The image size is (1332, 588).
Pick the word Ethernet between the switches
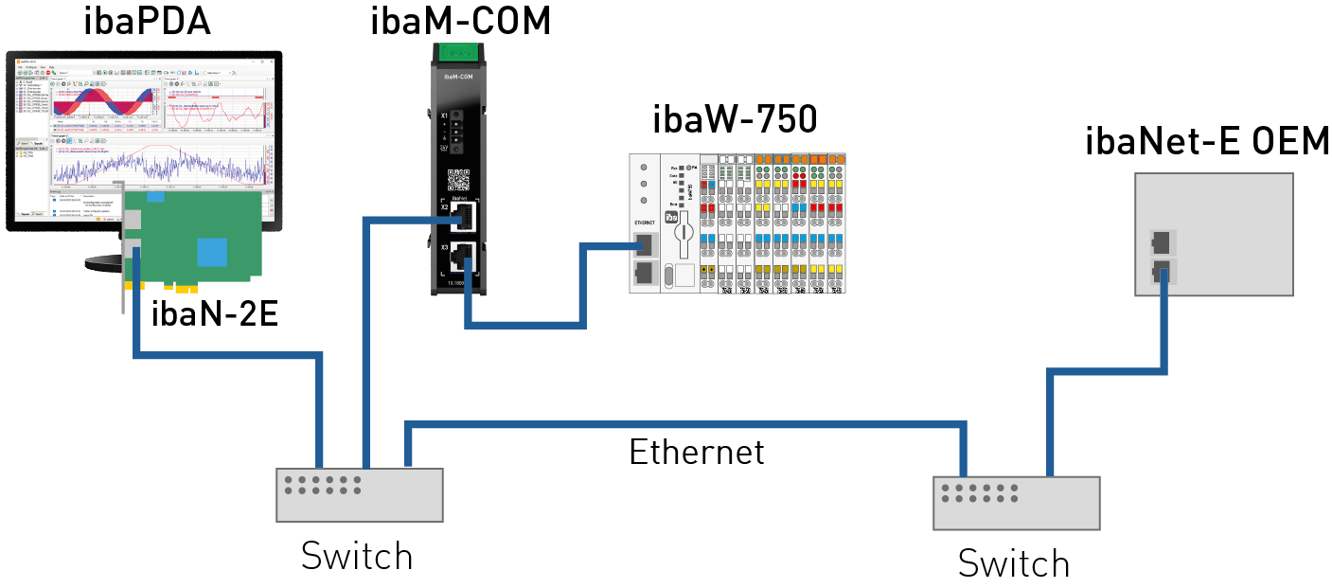(x=696, y=452)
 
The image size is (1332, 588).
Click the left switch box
(x=360, y=493)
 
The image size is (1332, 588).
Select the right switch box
(x=1017, y=503)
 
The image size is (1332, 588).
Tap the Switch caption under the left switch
(x=357, y=556)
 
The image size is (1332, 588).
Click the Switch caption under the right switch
(x=1013, y=563)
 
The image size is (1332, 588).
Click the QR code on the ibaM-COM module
(x=458, y=179)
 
